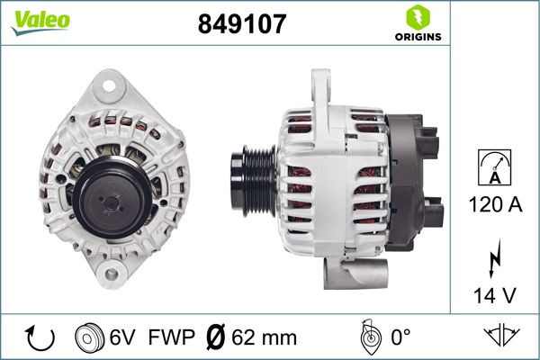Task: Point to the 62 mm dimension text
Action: [264, 337]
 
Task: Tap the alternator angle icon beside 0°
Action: [367, 337]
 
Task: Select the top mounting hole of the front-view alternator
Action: [111, 87]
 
